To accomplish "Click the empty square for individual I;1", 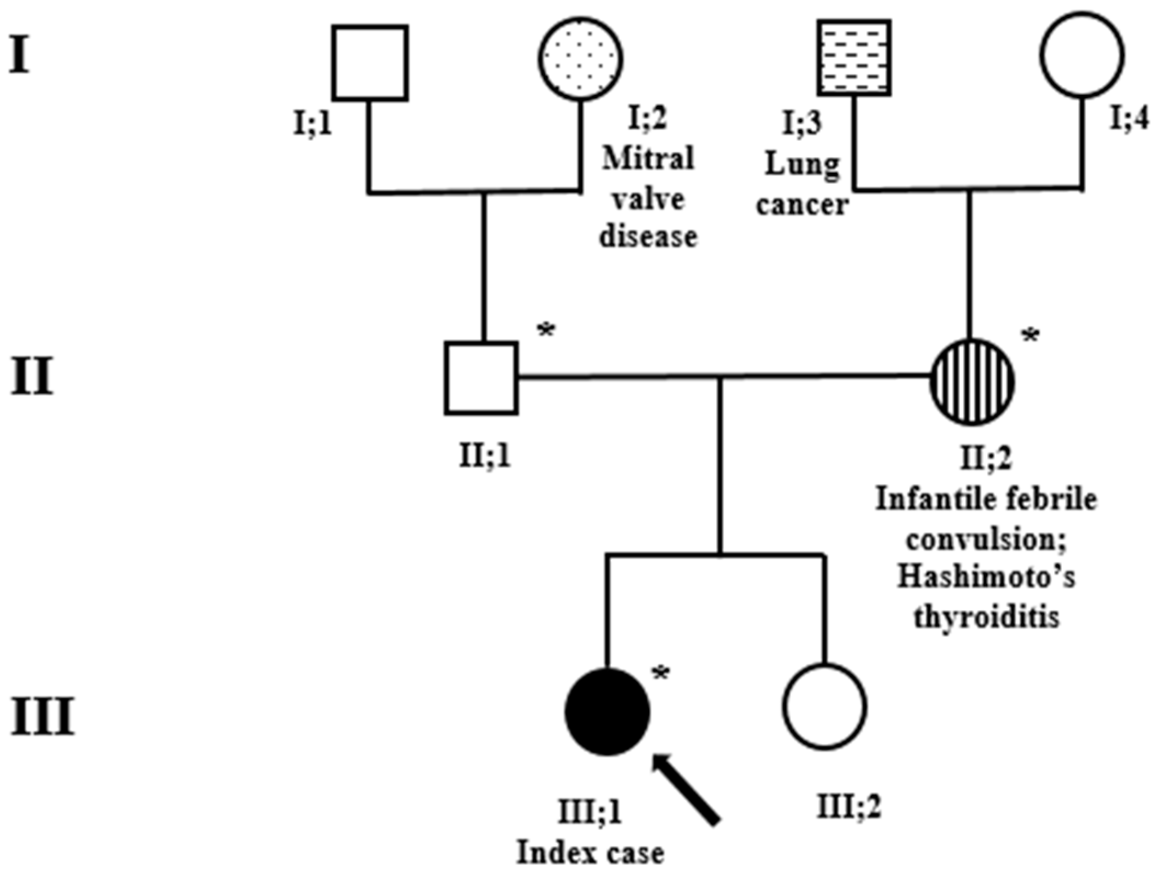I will tap(370, 63).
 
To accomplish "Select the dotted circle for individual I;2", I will tap(580, 59).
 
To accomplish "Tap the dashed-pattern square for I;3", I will tap(854, 58).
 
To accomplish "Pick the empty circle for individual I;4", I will tap(1082, 55).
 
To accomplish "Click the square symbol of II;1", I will tap(481, 378).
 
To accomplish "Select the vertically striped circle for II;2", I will tap(971, 381).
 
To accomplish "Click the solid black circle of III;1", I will tap(607, 711).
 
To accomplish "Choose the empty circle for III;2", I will tap(824, 707).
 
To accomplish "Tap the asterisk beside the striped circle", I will tap(1031, 336).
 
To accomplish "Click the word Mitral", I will tap(648, 159).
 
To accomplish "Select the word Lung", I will tap(802, 164).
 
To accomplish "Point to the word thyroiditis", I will tap(986, 617).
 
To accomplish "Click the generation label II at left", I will tap(32, 377).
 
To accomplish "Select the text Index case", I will tap(591, 853).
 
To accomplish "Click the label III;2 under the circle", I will tap(848, 806).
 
